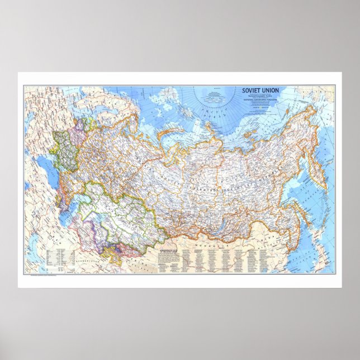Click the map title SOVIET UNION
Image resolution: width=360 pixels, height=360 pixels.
260,90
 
